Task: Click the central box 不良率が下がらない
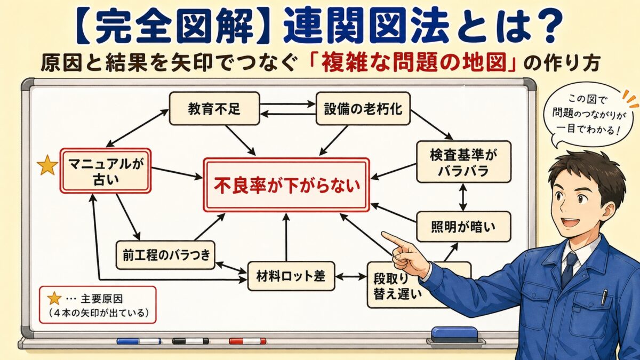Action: point(286,185)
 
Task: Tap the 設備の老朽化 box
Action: point(363,108)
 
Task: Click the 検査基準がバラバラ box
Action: point(463,162)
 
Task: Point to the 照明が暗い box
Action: point(463,226)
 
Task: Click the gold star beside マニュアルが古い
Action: point(47,166)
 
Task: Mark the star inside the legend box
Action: point(54,299)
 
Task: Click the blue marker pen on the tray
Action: point(139,341)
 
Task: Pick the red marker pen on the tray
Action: point(247,341)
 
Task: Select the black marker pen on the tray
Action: point(190,341)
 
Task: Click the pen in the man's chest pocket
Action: point(604,297)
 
